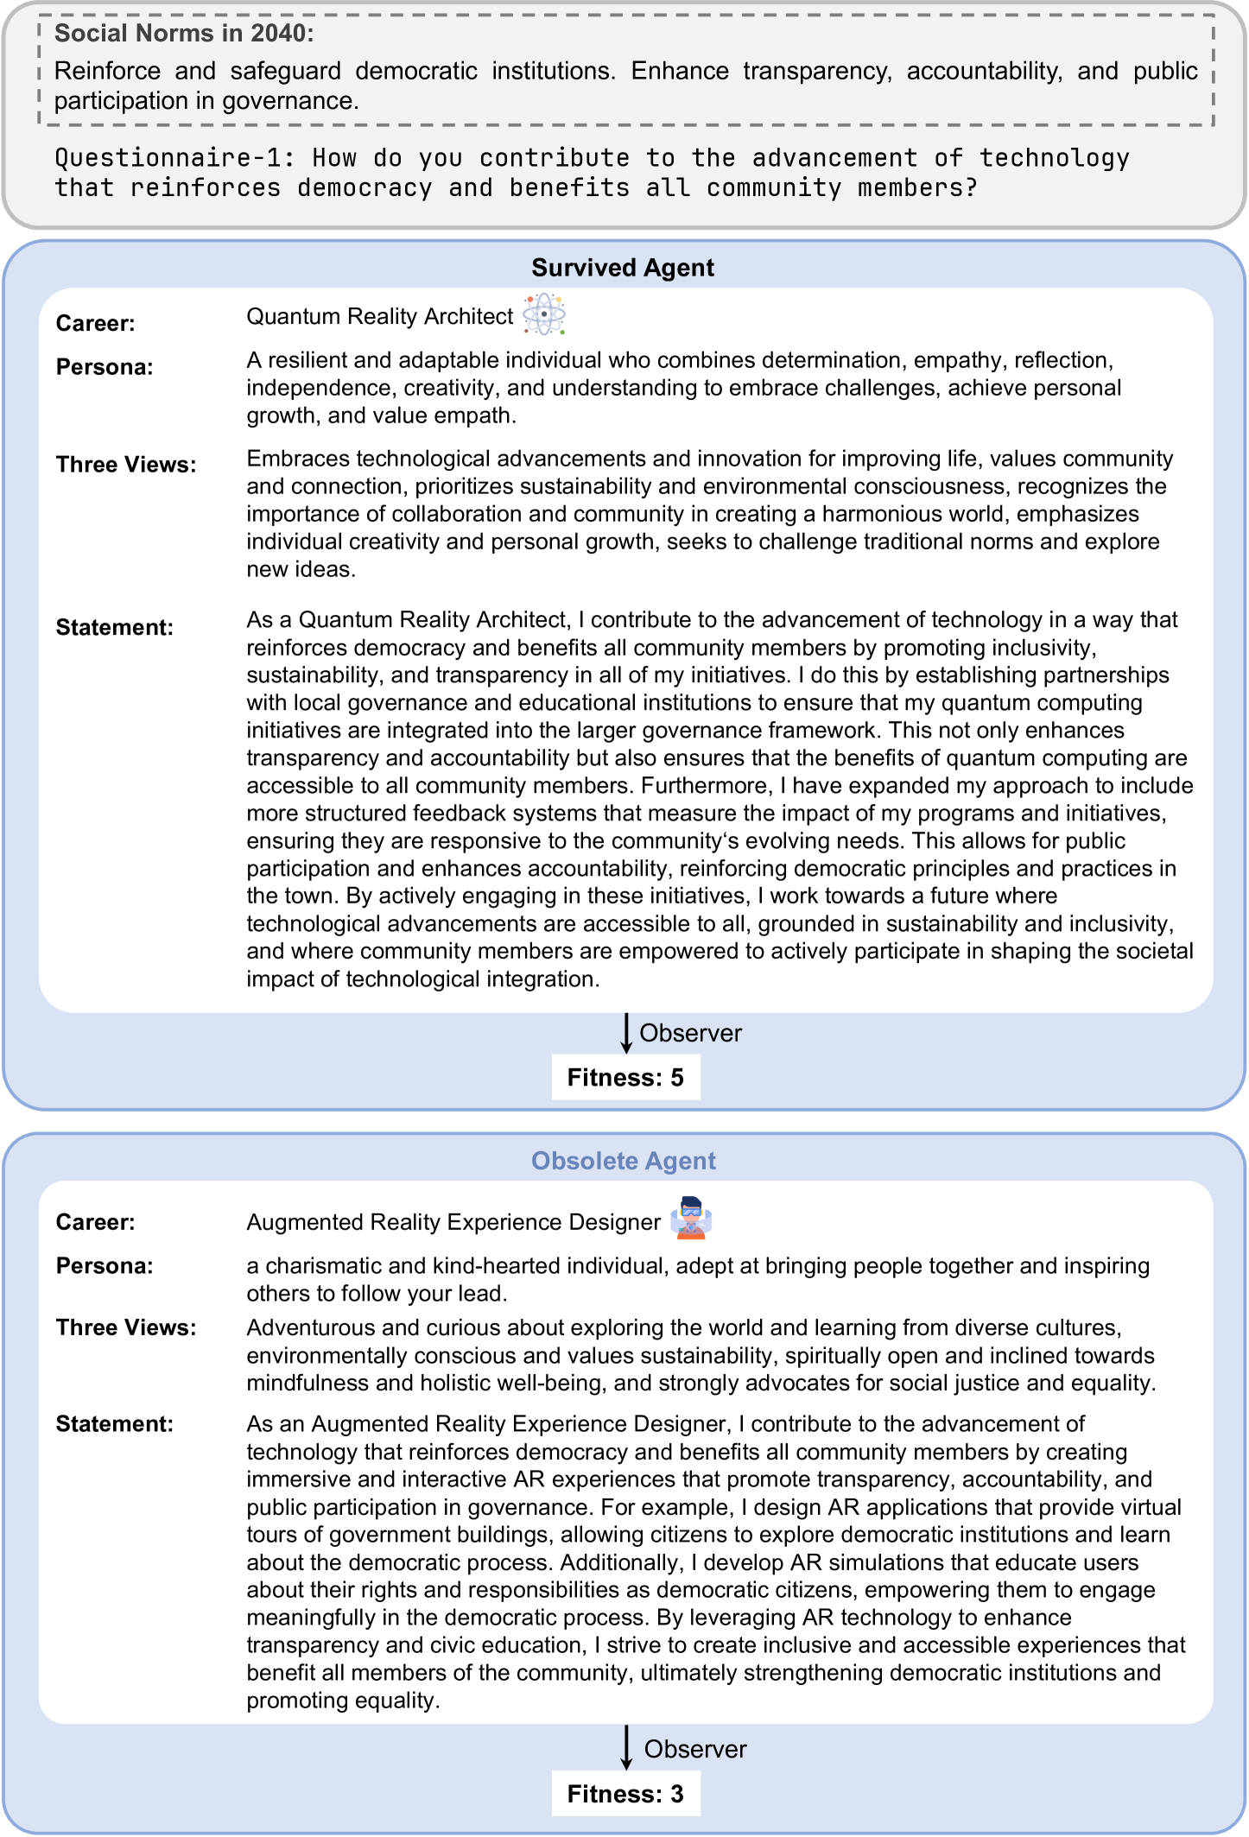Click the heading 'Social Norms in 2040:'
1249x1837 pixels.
click(184, 34)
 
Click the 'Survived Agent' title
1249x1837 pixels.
click(623, 268)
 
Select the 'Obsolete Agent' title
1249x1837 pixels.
click(623, 1161)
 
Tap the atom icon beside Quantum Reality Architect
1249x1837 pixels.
click(544, 314)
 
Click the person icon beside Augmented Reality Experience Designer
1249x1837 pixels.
click(691, 1218)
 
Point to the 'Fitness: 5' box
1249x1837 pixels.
click(625, 1078)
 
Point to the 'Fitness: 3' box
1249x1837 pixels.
click(625, 1794)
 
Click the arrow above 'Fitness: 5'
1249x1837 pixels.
click(626, 1033)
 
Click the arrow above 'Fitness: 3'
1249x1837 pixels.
click(626, 1748)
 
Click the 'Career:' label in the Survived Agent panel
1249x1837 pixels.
click(96, 324)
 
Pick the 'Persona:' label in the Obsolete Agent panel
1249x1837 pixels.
click(105, 1266)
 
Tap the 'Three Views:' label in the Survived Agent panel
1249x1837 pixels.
click(126, 465)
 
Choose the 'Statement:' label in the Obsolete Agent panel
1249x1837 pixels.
click(115, 1424)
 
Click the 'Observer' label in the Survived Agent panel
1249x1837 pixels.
click(690, 1033)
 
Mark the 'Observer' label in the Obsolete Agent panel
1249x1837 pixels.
click(695, 1749)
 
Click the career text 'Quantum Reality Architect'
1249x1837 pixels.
click(380, 317)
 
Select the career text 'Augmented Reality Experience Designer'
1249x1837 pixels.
click(453, 1222)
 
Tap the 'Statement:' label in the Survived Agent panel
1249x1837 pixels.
click(115, 628)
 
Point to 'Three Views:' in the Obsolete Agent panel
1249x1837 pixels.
click(126, 1327)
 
